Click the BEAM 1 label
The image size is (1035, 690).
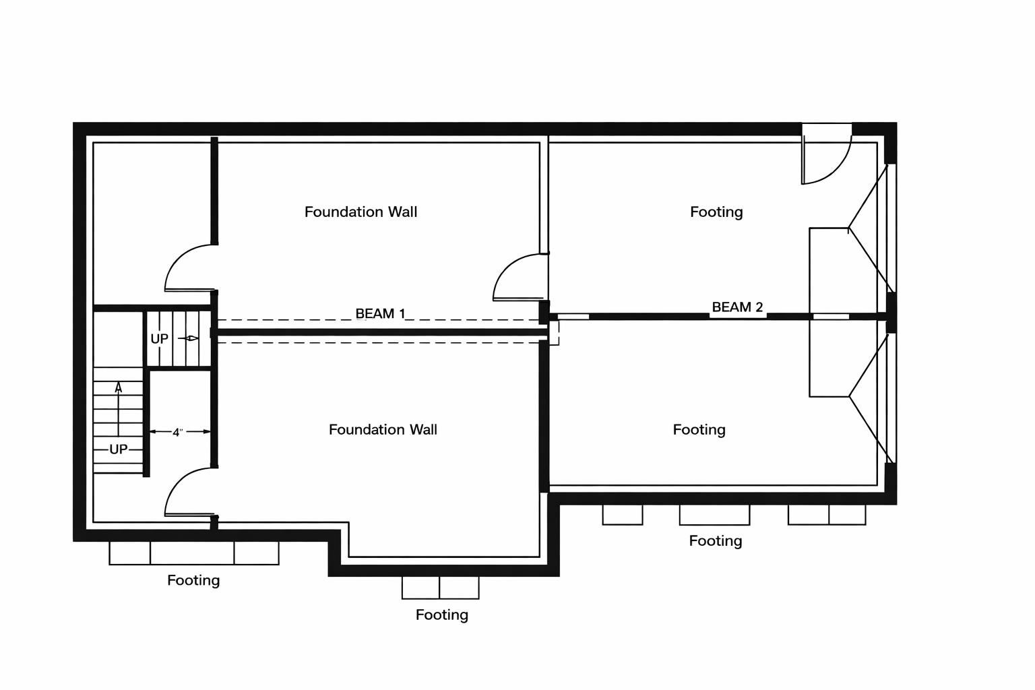click(380, 313)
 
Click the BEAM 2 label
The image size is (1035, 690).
click(737, 307)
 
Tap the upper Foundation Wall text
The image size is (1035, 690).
click(360, 212)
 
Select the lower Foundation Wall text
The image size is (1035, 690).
click(383, 429)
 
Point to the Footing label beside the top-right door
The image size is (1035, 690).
click(716, 212)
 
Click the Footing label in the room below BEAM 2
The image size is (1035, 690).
click(699, 429)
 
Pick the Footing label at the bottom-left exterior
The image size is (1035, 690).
click(193, 580)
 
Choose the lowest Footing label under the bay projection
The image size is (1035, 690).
click(441, 615)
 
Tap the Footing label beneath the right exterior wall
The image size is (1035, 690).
click(715, 541)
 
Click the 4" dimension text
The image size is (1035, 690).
click(178, 433)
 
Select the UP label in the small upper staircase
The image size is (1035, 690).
click(159, 339)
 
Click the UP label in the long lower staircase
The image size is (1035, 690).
click(118, 449)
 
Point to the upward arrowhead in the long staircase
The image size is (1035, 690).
click(119, 387)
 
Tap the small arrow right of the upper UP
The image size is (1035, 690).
click(191, 338)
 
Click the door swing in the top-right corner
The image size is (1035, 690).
click(825, 158)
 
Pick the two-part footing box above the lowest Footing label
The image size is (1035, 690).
click(440, 588)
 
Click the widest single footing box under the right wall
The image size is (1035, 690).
click(714, 515)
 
